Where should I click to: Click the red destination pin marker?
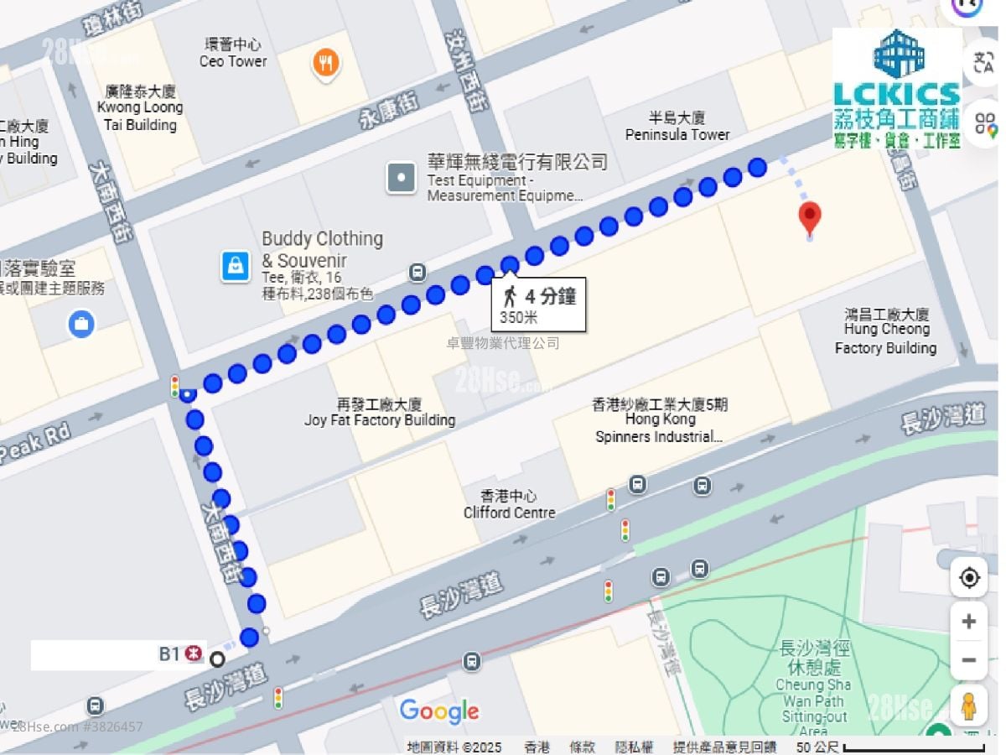point(809,217)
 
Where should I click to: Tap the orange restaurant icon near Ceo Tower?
point(326,62)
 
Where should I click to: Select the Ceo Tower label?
point(233,53)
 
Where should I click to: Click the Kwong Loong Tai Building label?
point(140,107)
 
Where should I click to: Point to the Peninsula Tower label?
point(677,126)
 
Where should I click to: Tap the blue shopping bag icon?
point(236,266)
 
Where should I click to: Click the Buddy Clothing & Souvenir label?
point(322,249)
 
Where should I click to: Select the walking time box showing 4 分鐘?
point(538,304)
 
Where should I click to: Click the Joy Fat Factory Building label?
point(379,412)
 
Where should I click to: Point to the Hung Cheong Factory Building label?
point(886,331)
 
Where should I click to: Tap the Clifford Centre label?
point(509,504)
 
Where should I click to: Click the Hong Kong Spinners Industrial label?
point(660,420)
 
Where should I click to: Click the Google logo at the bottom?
point(439,711)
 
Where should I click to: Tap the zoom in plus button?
point(969,622)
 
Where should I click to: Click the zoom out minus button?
point(969,660)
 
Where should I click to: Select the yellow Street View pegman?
point(969,706)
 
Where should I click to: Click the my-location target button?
point(969,578)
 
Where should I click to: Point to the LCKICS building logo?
point(897,88)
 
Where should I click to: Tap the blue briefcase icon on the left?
point(81,323)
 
